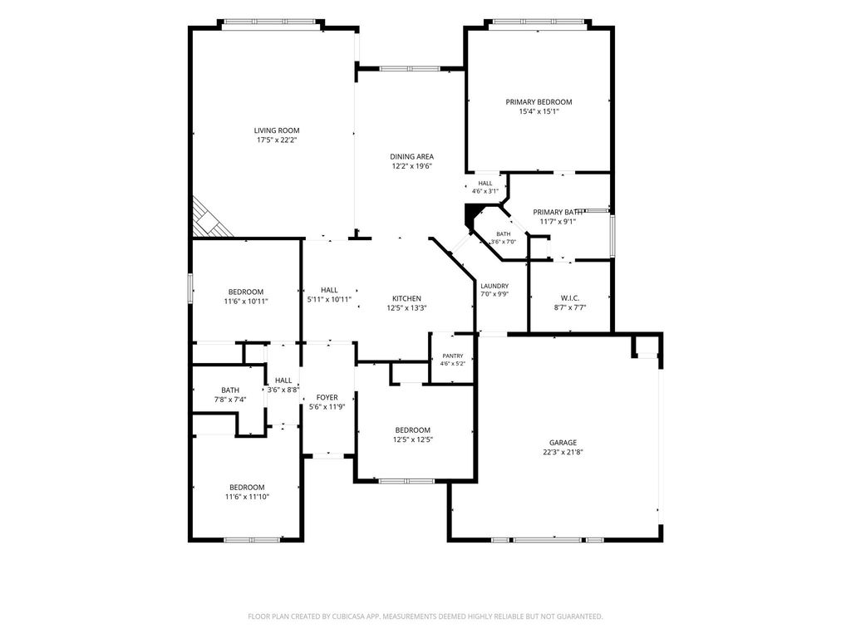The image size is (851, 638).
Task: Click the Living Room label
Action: [x=277, y=130]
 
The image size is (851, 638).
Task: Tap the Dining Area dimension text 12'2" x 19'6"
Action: [x=411, y=166]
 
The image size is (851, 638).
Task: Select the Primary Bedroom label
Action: [x=539, y=102]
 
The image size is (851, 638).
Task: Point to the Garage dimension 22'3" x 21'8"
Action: [x=563, y=452]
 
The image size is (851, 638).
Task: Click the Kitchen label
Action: [x=406, y=298]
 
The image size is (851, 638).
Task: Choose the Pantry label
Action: [x=453, y=356]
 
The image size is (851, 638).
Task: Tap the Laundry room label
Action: [x=494, y=286]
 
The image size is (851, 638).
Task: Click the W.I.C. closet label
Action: [x=570, y=298]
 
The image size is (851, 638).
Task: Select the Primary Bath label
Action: [x=558, y=212]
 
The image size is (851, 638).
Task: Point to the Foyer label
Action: [x=327, y=397]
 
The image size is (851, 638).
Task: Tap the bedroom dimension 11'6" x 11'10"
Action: [x=247, y=497]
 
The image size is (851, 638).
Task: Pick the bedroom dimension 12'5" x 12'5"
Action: [x=412, y=439]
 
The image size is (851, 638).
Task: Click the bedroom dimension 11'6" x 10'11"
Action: [x=246, y=301]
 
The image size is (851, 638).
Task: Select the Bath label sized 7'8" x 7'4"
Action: [x=230, y=390]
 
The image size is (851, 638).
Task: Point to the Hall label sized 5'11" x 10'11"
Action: [x=329, y=290]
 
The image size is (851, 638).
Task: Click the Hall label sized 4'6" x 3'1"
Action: [x=485, y=184]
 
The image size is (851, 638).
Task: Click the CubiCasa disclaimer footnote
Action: [x=425, y=616]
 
